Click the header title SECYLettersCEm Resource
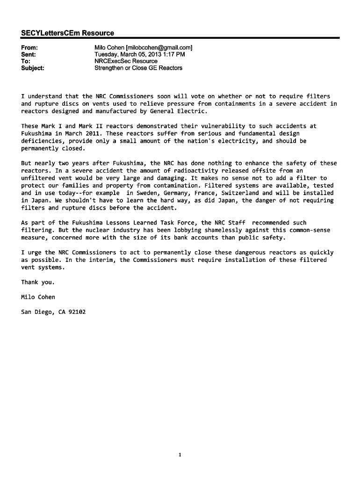(x=67, y=33)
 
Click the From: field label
(x=29, y=48)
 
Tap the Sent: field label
(x=29, y=54)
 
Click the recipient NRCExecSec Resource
(x=126, y=61)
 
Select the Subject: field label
(x=33, y=68)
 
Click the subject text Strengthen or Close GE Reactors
(x=138, y=68)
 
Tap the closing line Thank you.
(x=38, y=282)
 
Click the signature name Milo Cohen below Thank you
(x=38, y=297)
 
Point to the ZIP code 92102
(x=75, y=312)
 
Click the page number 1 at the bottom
(x=180, y=454)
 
